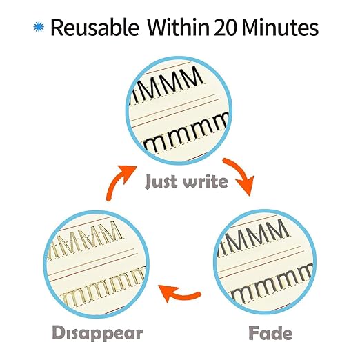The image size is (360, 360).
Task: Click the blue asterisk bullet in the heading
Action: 39,27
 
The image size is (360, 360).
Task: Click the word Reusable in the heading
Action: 94,27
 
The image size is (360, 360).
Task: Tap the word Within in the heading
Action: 178,27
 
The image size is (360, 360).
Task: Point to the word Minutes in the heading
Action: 280,27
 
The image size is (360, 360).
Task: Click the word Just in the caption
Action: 161,181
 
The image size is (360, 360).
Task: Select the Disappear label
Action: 97,333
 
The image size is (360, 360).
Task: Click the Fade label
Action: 270,332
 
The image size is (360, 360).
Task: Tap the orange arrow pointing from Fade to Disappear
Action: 178,292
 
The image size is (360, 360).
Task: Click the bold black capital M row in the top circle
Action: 167,85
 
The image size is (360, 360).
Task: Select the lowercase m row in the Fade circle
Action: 271,285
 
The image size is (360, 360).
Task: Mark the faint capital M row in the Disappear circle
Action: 84,240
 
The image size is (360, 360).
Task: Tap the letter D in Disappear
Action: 59,332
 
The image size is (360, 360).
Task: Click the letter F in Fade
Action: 254,332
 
